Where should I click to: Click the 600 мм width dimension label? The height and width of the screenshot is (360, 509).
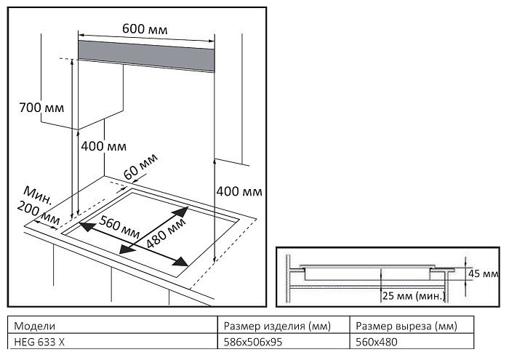(145, 28)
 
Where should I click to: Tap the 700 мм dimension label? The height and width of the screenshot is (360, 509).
(41, 108)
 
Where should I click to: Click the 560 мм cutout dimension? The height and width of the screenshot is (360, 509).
(120, 227)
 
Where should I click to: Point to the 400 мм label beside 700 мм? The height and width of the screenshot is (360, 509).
(103, 146)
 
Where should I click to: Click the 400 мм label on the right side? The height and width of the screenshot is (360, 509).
(239, 191)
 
